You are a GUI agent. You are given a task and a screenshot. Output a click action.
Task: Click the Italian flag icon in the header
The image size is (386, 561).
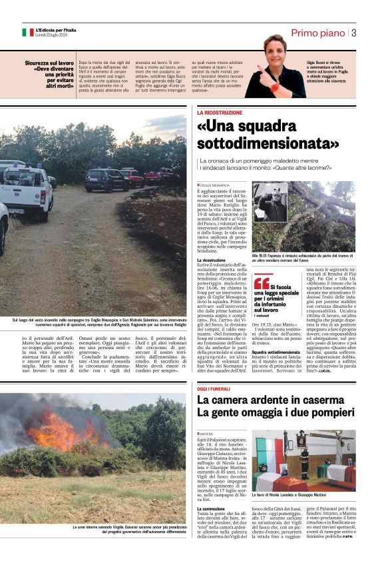[27, 32]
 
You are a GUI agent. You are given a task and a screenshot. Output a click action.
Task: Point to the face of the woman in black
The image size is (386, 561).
[276, 47]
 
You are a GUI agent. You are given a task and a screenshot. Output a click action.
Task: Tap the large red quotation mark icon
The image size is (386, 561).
[262, 283]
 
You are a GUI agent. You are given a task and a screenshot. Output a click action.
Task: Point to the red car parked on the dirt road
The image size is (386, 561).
[132, 177]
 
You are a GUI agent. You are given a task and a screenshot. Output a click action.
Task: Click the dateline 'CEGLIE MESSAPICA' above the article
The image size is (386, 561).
[214, 185]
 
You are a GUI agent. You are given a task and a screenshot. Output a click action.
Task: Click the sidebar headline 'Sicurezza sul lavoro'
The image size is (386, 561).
[50, 63]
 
